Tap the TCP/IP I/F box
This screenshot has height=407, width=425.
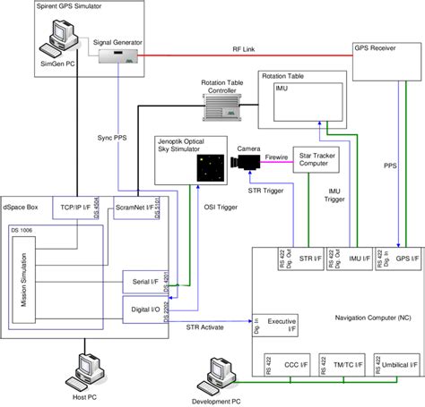click(80, 207)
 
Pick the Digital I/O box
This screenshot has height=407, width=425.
click(143, 309)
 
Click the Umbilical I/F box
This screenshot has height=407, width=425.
click(395, 366)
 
